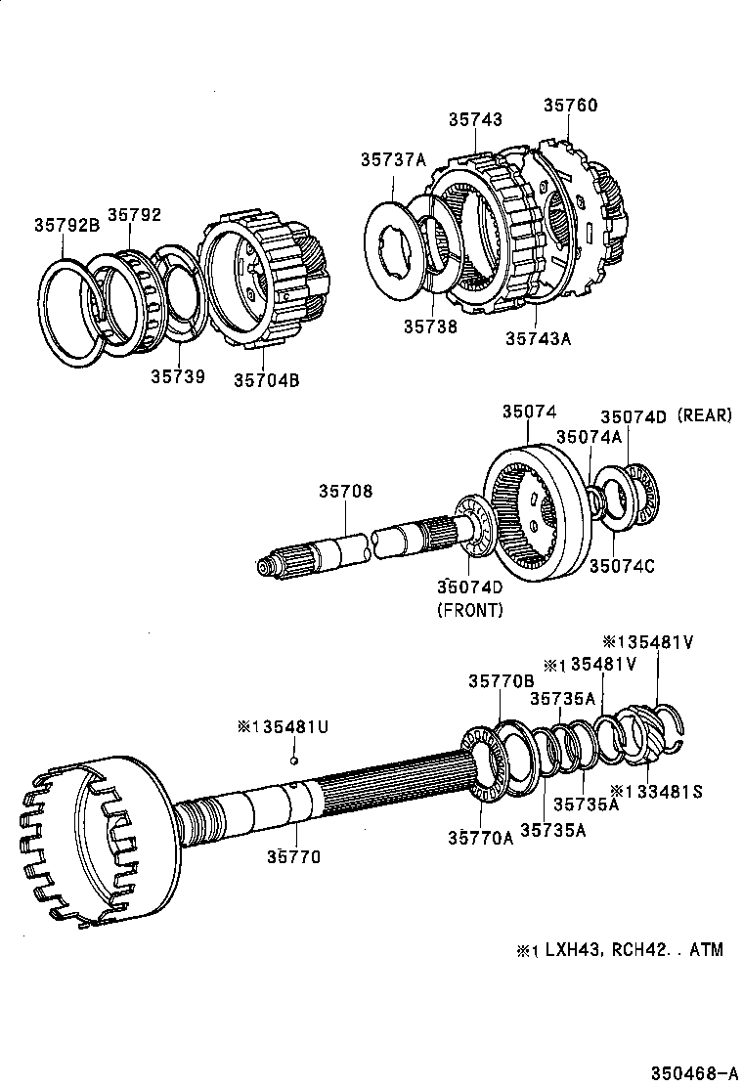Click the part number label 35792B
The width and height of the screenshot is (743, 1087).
coord(67,224)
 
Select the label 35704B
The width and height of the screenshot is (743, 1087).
coord(266,380)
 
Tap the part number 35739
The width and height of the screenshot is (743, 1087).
coord(178,375)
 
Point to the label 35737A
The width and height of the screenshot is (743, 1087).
coord(392,159)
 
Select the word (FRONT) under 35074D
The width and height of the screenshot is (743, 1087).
coord(469,610)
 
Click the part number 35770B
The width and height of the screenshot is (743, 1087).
coord(501,681)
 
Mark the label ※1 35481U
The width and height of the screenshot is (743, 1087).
coord(283,727)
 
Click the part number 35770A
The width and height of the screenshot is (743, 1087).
coord(480,837)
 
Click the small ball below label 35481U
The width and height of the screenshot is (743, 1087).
coord(293,760)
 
